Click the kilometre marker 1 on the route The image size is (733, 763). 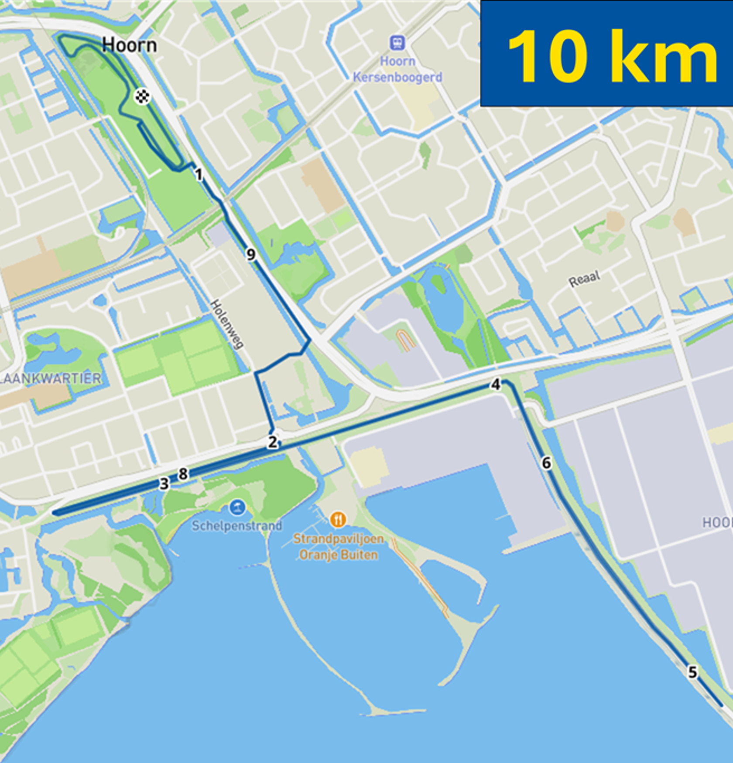tap(199, 175)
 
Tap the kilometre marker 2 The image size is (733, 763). tap(272, 442)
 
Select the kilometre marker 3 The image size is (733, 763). tap(164, 484)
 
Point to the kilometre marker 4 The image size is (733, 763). tap(496, 385)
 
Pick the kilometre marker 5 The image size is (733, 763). tap(693, 672)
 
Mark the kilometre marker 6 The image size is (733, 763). tap(546, 463)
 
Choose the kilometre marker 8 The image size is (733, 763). tap(183, 474)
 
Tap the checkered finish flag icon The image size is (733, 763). tap(142, 96)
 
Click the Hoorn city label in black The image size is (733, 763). tap(129, 45)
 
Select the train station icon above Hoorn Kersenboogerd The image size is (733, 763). tap(397, 43)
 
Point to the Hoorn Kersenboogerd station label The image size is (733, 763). tap(397, 69)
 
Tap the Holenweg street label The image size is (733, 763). tap(226, 324)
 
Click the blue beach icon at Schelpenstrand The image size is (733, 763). tap(237, 508)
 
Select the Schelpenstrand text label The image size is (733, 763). tap(237, 526)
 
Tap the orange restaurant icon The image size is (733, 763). tap(338, 519)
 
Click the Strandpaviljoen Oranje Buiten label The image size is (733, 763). tap(338, 547)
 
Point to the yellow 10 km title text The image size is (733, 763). tap(613, 56)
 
